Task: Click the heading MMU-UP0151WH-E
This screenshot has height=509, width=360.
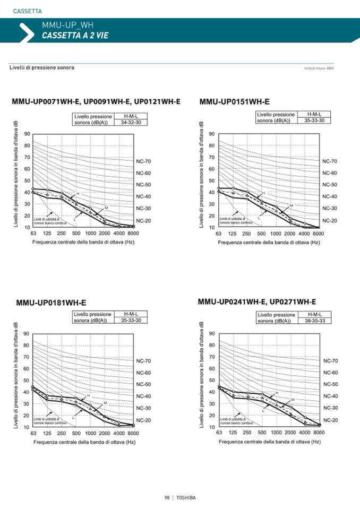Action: click(x=234, y=101)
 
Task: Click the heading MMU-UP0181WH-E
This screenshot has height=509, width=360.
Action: click(x=51, y=303)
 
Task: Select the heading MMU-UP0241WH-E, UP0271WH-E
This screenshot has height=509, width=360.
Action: click(x=256, y=302)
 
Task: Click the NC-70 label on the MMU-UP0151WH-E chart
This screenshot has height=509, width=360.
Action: click(x=330, y=161)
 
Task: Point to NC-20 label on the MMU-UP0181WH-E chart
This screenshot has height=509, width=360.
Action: click(x=144, y=420)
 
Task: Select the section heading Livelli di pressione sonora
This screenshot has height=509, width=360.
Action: click(x=42, y=68)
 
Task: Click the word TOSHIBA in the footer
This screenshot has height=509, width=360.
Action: click(x=186, y=497)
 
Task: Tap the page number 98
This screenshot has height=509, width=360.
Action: click(x=167, y=497)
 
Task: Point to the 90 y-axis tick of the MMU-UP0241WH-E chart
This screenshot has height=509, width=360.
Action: click(x=212, y=333)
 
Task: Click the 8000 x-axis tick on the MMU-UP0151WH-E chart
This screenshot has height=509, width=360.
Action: click(x=318, y=234)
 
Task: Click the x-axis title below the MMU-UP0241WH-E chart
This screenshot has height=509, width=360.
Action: click(x=270, y=442)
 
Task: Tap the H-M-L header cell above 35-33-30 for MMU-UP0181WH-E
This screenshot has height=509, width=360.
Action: click(x=131, y=314)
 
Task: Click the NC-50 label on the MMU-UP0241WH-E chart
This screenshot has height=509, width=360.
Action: click(x=330, y=384)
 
